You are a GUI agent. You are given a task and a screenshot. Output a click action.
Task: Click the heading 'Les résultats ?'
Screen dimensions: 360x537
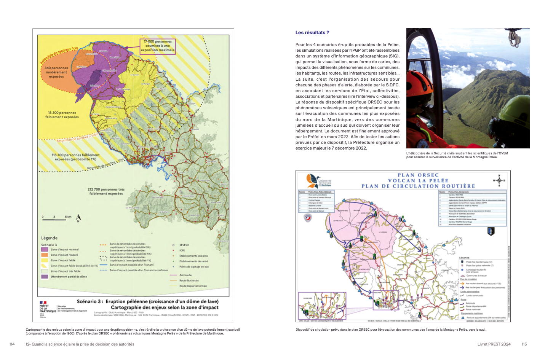[312, 33]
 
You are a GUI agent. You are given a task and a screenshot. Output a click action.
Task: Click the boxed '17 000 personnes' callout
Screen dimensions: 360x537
[158, 46]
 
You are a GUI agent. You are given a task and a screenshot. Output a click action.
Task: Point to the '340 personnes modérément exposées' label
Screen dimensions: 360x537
[56, 72]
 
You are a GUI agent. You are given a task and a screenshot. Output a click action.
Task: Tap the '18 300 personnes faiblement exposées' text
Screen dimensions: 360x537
[62, 115]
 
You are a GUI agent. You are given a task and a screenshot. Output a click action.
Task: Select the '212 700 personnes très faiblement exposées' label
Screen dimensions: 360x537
[106, 191]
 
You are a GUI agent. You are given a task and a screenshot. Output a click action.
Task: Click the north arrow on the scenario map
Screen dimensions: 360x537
[78, 218]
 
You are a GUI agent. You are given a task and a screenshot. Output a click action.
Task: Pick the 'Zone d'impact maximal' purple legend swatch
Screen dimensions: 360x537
[45, 250]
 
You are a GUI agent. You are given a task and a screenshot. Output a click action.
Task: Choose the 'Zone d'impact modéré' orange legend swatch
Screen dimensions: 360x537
[45, 255]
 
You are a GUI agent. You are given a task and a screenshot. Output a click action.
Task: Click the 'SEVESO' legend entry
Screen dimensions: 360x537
[184, 245]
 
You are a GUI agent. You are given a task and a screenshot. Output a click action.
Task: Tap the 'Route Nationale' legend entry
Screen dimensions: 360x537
[189, 280]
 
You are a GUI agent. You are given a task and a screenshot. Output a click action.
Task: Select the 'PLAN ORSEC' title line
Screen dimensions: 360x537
[418, 175]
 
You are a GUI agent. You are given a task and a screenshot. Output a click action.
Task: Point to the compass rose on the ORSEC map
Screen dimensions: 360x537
[499, 180]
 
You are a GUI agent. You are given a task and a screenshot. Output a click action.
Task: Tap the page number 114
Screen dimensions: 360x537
[12, 344]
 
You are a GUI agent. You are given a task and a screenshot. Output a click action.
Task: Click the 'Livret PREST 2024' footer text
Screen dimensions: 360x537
[494, 344]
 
